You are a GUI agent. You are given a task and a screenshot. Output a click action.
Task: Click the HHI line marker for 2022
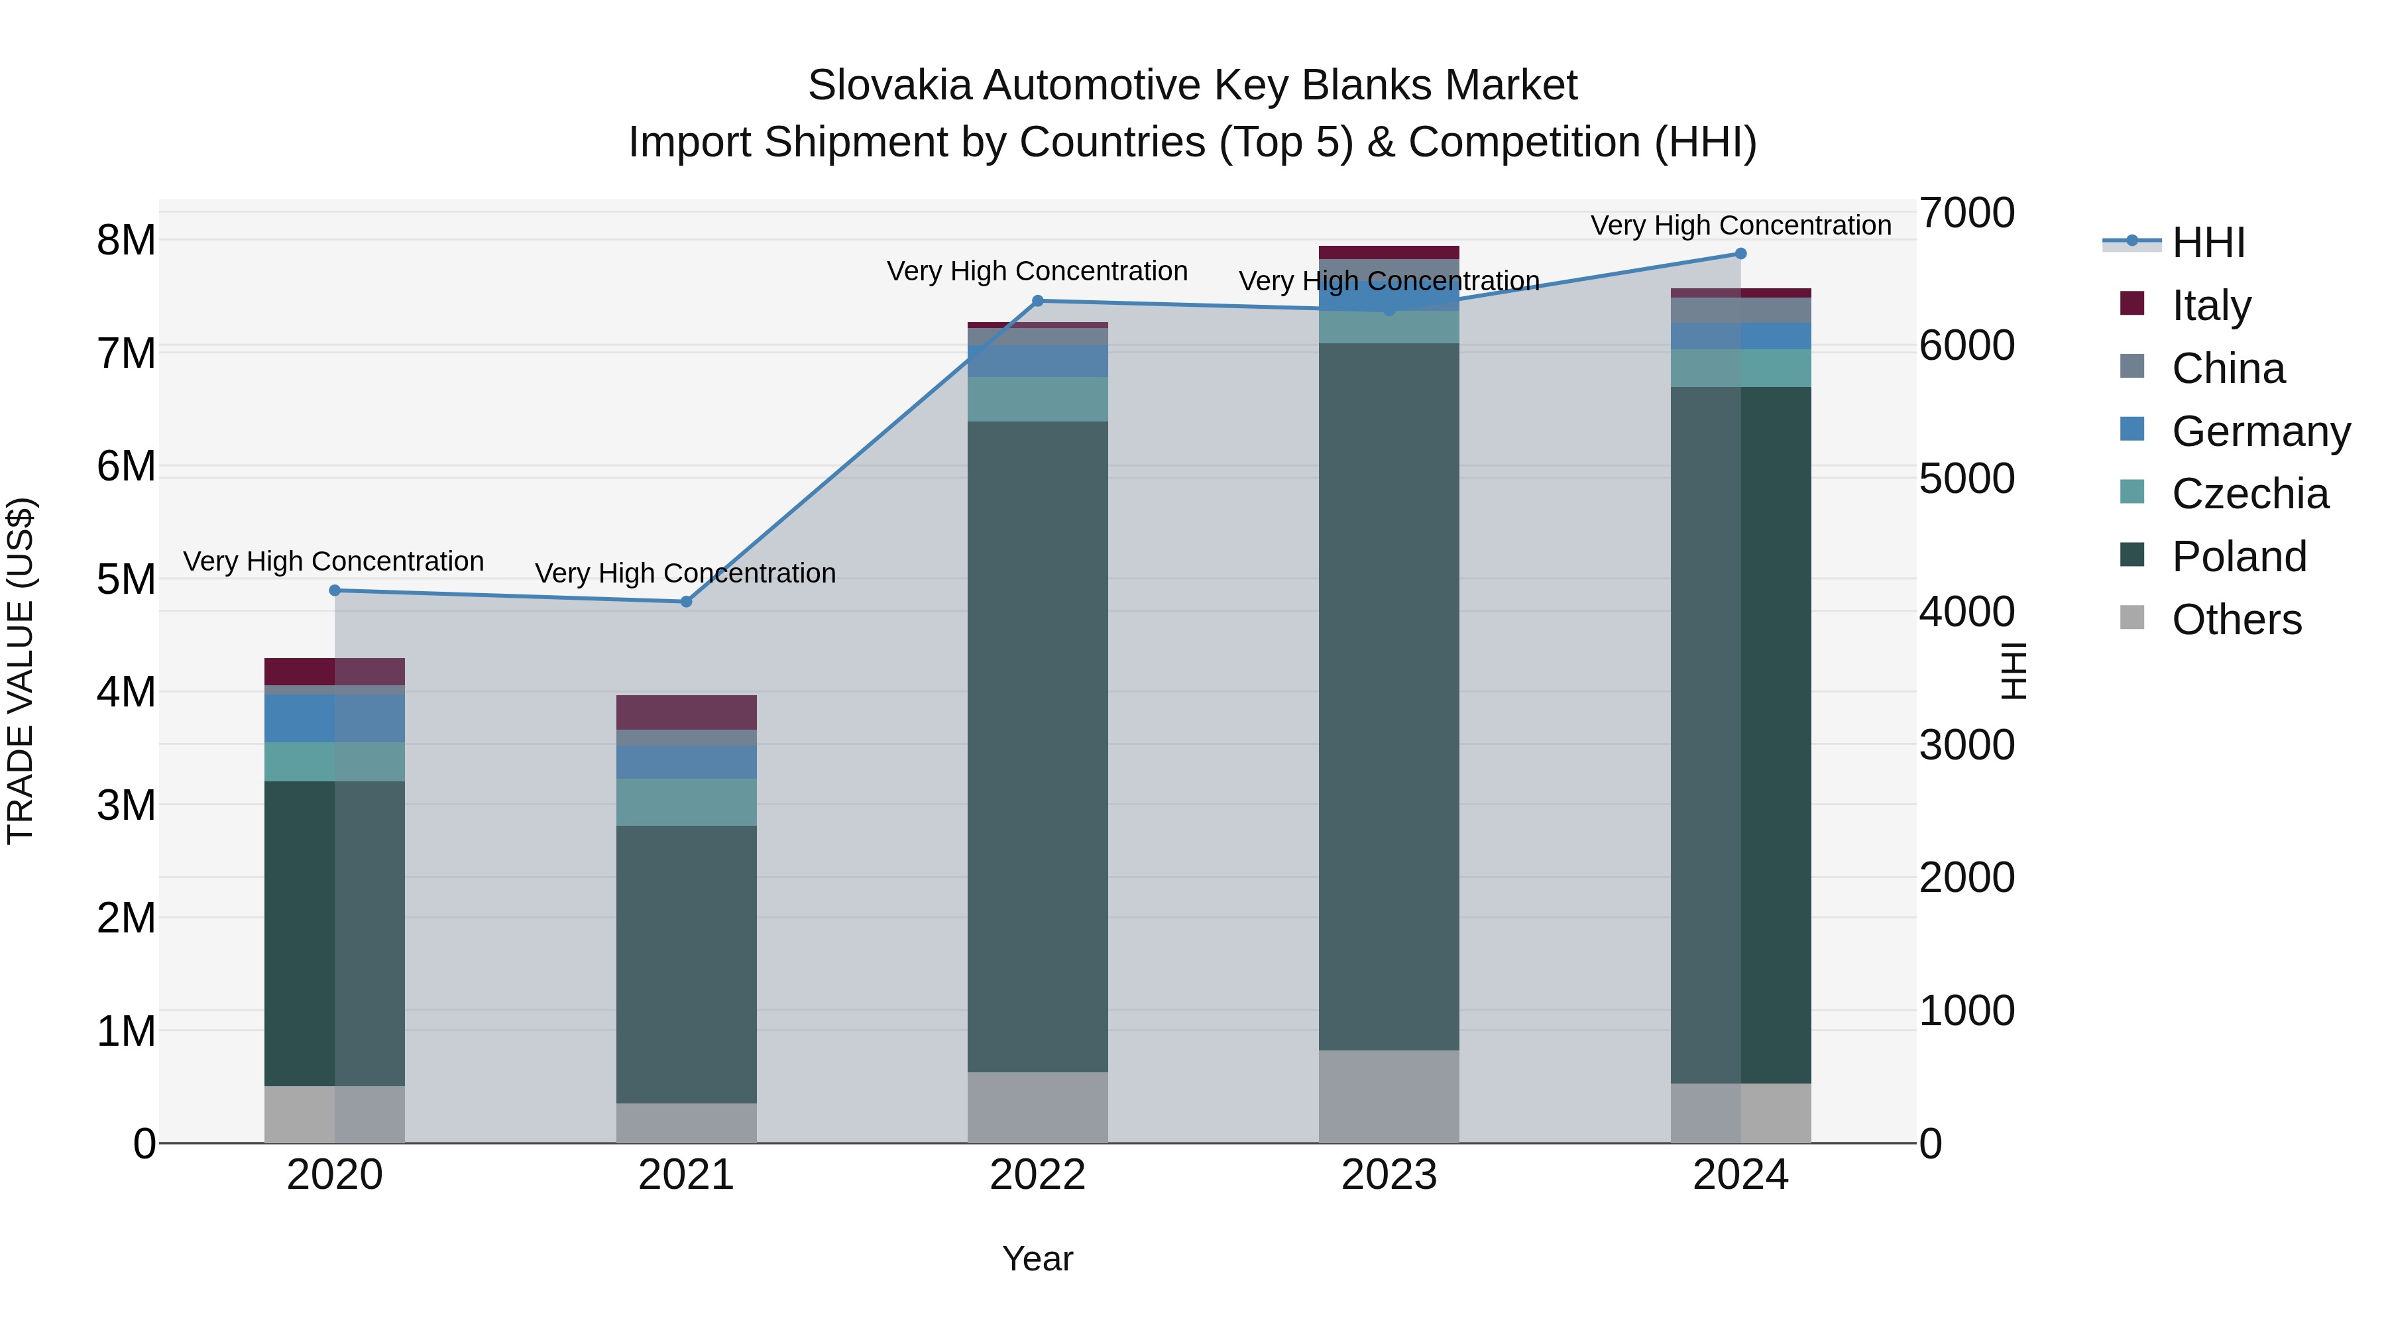(1037, 301)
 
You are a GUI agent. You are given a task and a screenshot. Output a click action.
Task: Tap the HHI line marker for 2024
(1740, 254)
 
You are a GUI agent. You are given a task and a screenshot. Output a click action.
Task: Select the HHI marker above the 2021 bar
(687, 602)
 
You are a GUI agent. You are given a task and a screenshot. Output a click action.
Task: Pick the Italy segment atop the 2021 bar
(687, 712)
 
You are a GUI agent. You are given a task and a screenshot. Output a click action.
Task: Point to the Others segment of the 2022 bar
(1037, 1107)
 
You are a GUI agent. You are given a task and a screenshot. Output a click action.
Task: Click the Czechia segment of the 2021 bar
(687, 802)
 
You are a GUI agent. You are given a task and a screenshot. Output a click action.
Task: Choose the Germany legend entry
(2260, 431)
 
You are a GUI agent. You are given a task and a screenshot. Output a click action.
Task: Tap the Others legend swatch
(2132, 618)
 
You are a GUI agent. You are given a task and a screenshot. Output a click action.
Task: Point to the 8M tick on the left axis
(126, 241)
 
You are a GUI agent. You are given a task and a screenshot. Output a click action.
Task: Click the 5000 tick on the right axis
(1966, 479)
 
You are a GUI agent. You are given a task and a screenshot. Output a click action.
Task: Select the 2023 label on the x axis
(1389, 1175)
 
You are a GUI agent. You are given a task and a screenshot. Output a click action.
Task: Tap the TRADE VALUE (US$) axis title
(21, 671)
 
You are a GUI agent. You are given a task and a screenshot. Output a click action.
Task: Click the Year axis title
(1037, 1258)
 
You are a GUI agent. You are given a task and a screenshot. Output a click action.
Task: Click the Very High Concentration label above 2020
(333, 561)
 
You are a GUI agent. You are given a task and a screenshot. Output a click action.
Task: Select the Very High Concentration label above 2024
(1740, 225)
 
